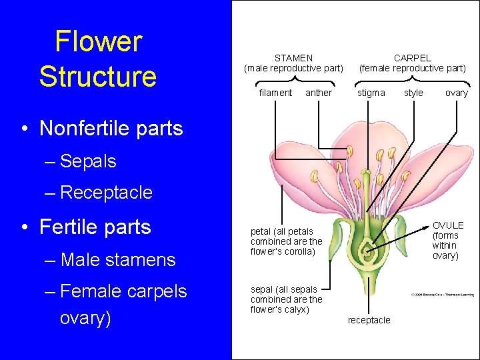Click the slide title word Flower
pyautogui.click(x=98, y=42)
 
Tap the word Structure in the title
pyautogui.click(x=98, y=76)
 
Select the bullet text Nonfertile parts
pyautogui.click(x=111, y=128)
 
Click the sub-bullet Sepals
pyautogui.click(x=88, y=161)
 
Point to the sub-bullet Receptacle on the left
pyautogui.click(x=106, y=193)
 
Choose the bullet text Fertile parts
pyautogui.click(x=95, y=227)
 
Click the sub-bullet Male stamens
pyautogui.click(x=117, y=259)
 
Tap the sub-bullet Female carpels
pyautogui.click(x=123, y=291)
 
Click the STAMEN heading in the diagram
pyautogui.click(x=293, y=59)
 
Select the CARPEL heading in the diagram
pyautogui.click(x=412, y=59)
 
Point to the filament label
pyautogui.click(x=275, y=93)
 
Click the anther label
pyautogui.click(x=318, y=93)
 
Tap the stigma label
pyautogui.click(x=371, y=93)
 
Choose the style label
pyautogui.click(x=413, y=93)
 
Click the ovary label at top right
pyautogui.click(x=457, y=93)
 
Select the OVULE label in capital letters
pyautogui.click(x=447, y=226)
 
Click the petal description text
pyautogui.click(x=286, y=241)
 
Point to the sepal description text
pyautogui.click(x=286, y=299)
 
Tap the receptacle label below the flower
pyautogui.click(x=369, y=320)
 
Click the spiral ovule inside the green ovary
pyautogui.click(x=365, y=251)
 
